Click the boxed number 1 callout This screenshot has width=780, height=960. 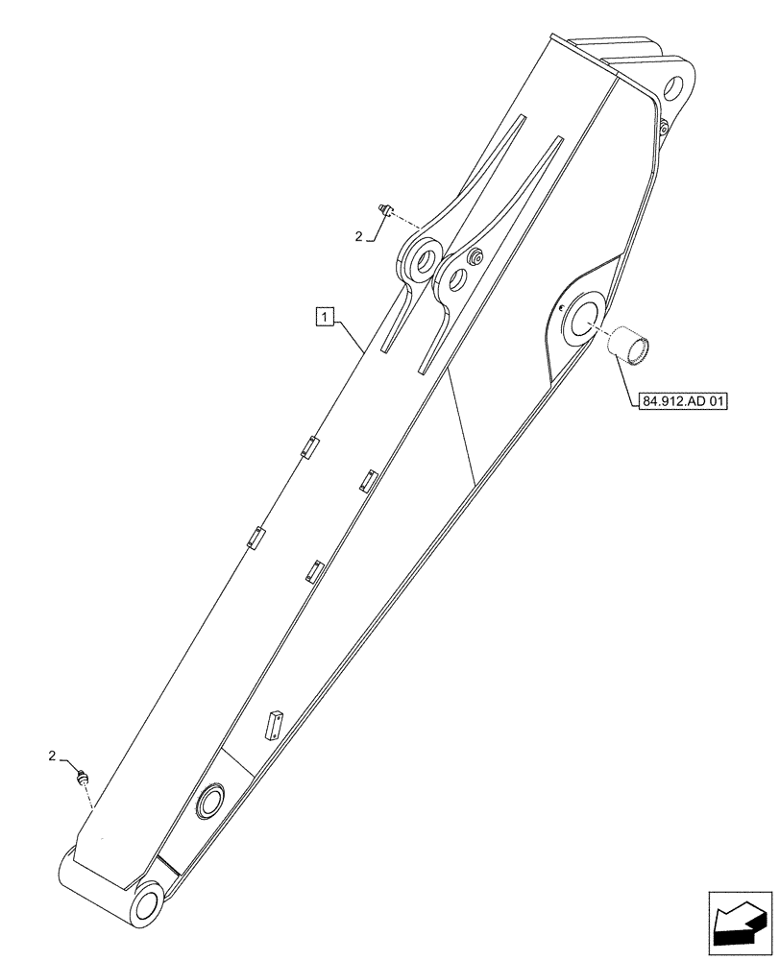click(326, 315)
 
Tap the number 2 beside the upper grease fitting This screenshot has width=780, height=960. click(359, 235)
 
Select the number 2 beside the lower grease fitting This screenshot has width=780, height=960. click(53, 757)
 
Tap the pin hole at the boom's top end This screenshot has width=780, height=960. click(674, 88)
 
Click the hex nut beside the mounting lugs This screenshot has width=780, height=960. click(474, 258)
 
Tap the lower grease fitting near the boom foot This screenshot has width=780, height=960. click(84, 778)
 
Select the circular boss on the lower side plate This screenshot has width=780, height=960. click(209, 800)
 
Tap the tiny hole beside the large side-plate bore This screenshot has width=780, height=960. click(558, 308)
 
